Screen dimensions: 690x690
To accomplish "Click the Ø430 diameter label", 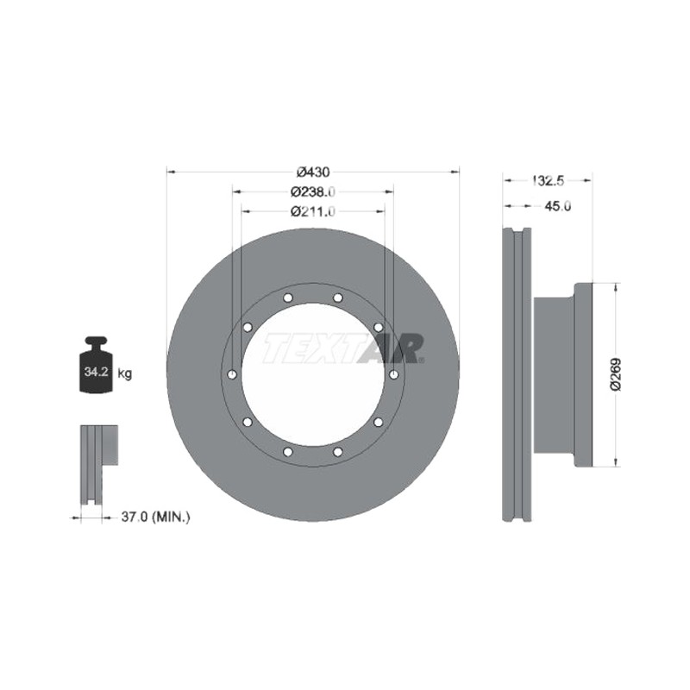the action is [313, 172].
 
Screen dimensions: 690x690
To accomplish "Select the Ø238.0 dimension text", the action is [313, 191].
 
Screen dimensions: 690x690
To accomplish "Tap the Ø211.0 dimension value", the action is [313, 211].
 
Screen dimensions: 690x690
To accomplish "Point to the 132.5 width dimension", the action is [548, 180].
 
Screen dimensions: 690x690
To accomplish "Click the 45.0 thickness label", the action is [557, 206].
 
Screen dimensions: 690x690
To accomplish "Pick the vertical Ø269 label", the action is [615, 374].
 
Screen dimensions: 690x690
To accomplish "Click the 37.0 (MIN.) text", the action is [156, 517].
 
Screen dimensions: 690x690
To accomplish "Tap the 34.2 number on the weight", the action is [97, 372].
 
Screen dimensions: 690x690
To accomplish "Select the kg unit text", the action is [124, 374].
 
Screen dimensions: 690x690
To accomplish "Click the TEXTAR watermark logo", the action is [344, 348].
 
